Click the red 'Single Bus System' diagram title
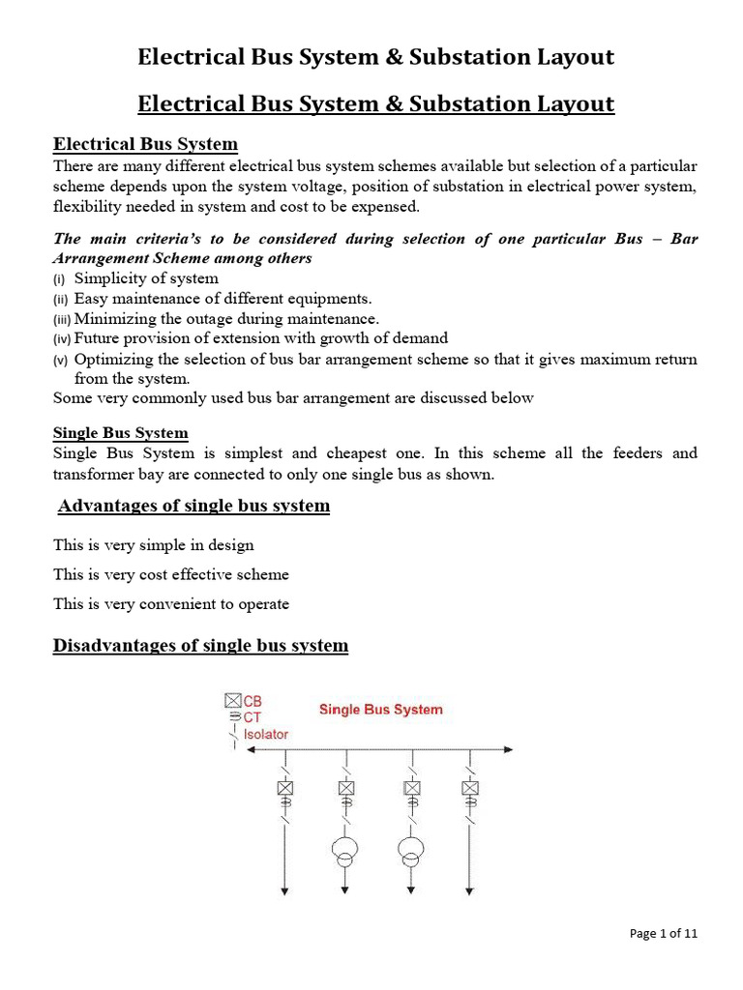click(x=381, y=710)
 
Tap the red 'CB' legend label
click(x=253, y=701)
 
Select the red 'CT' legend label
click(x=253, y=717)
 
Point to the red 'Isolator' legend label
click(x=265, y=734)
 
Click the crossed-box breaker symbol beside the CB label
click(x=232, y=701)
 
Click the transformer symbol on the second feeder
click(x=345, y=850)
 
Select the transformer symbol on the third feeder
click(x=411, y=850)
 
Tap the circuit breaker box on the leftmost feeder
click(x=284, y=788)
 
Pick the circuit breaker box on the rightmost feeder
click(x=470, y=788)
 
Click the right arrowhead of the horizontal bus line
click(x=508, y=749)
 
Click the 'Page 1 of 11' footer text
click(x=663, y=934)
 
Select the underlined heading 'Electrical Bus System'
click(x=145, y=145)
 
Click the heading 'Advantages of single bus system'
click(x=193, y=506)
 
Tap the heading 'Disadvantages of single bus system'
click(x=200, y=645)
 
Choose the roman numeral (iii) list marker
click(x=62, y=319)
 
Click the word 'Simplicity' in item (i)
click(x=109, y=278)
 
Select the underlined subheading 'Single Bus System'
click(x=121, y=433)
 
